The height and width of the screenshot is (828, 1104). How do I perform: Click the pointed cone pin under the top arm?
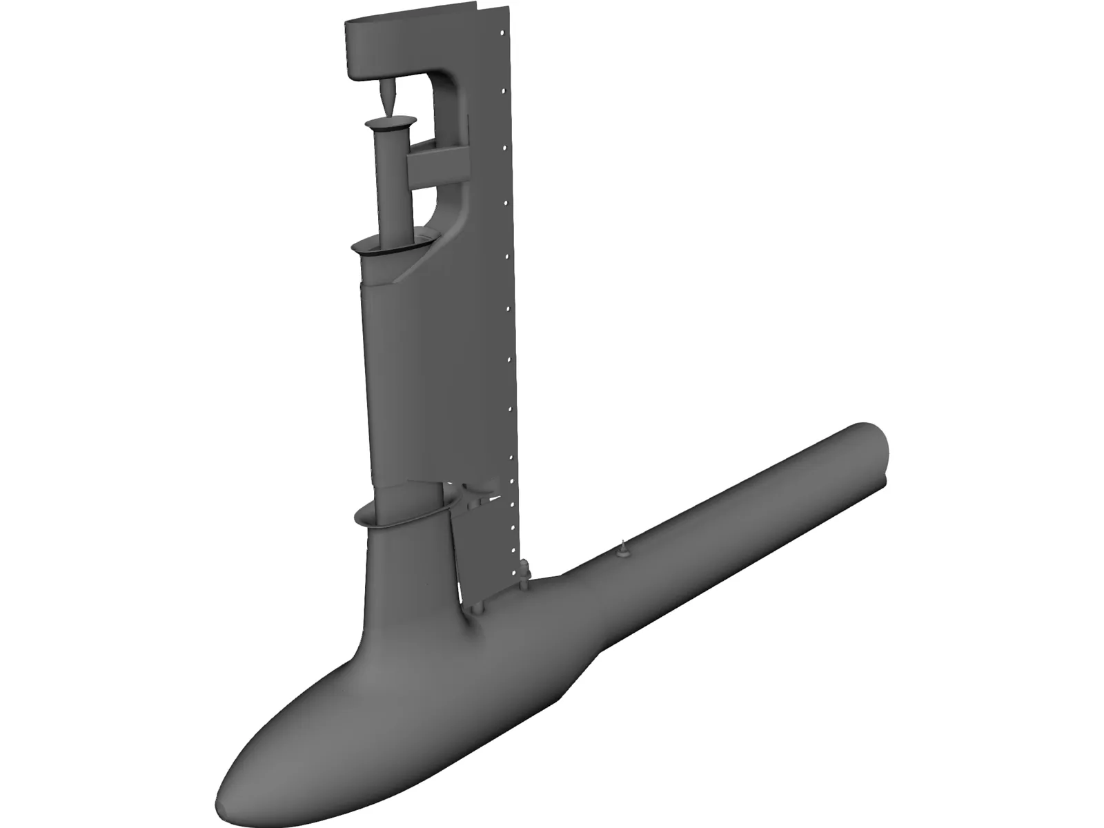pyautogui.click(x=387, y=95)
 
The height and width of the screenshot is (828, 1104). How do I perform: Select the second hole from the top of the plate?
pyautogui.click(x=505, y=147)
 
